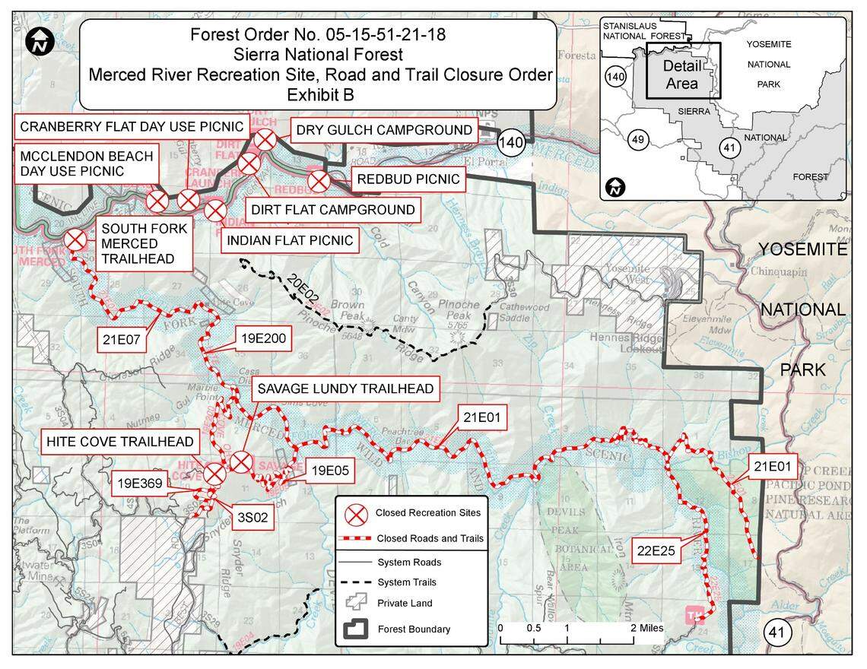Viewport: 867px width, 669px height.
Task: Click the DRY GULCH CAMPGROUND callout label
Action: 384,130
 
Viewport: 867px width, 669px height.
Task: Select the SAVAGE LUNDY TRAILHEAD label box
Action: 345,389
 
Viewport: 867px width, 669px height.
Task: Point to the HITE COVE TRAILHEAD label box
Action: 119,442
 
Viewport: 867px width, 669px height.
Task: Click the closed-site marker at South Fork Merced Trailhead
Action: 75,240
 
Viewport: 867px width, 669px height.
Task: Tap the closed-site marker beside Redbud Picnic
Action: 318,181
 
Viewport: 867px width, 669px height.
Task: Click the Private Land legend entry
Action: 405,603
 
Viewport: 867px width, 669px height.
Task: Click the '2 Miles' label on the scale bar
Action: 647,629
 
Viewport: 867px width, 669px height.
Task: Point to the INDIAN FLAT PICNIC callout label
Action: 290,241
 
